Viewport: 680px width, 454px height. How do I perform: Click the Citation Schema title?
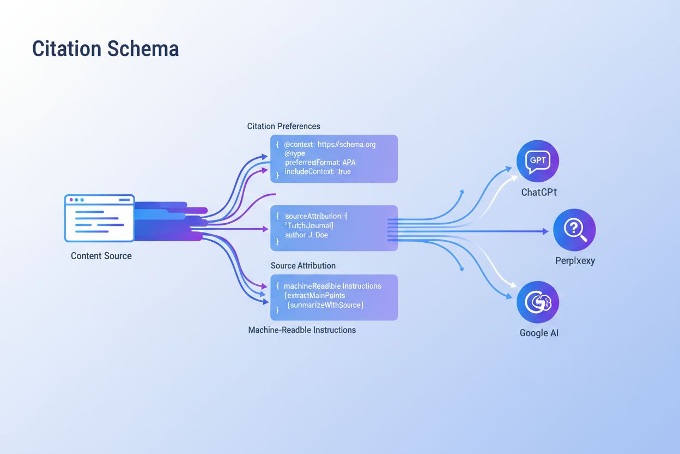click(x=105, y=49)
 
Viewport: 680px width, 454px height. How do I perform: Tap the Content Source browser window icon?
click(x=99, y=218)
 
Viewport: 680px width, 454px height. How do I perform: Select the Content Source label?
click(x=101, y=256)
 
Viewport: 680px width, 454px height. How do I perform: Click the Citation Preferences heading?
click(x=283, y=126)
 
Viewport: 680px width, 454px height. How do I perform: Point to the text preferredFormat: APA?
click(x=320, y=163)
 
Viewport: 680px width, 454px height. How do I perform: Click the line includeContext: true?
click(x=318, y=172)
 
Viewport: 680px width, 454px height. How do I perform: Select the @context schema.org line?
click(x=330, y=145)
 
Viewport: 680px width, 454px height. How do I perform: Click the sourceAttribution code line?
click(x=316, y=216)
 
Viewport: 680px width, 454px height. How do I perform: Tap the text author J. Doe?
click(x=306, y=235)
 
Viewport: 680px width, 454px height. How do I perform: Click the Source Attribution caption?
click(x=303, y=266)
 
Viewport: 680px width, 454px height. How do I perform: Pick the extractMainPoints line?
click(x=315, y=295)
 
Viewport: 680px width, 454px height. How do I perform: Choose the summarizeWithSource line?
click(x=325, y=304)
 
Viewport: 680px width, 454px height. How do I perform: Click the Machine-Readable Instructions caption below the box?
click(x=302, y=330)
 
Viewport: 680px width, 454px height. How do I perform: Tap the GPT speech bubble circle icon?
click(x=537, y=161)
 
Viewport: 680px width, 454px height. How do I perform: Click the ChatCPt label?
click(x=539, y=192)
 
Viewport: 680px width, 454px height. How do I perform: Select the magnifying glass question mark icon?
click(x=574, y=230)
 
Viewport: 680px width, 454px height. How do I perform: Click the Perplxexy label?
click(x=575, y=261)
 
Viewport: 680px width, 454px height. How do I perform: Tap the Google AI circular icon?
click(x=537, y=302)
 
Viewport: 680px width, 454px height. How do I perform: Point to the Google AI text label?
click(x=539, y=333)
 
